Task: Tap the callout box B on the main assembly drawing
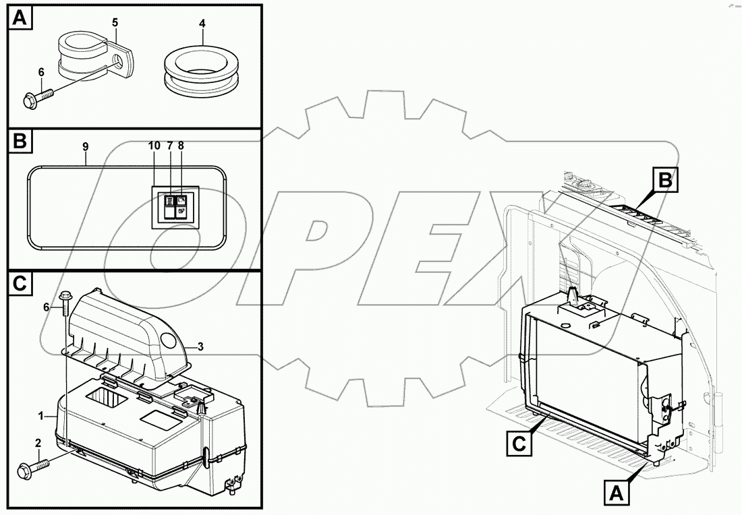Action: pyautogui.click(x=664, y=181)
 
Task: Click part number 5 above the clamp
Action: pyautogui.click(x=115, y=23)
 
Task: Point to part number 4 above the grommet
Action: pyautogui.click(x=202, y=24)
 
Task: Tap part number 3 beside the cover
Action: pyautogui.click(x=200, y=346)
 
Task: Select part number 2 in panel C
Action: pyautogui.click(x=38, y=442)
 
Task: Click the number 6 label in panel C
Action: pyautogui.click(x=47, y=307)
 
